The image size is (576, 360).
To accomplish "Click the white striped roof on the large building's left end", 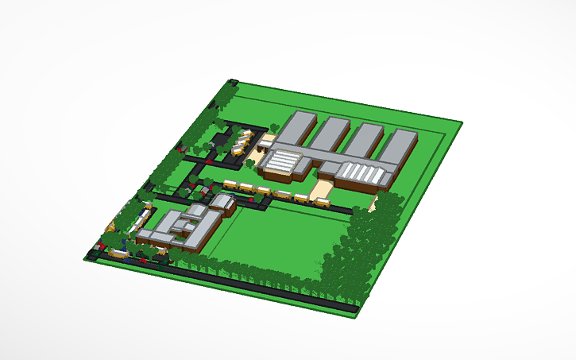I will click(x=282, y=162).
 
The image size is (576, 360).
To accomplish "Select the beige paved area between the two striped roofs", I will click(x=322, y=189).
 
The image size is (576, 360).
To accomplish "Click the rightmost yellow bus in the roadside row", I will click(x=322, y=202).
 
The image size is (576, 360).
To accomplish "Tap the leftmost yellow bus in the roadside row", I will click(x=230, y=185).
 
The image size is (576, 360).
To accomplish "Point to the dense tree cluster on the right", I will click(x=358, y=246).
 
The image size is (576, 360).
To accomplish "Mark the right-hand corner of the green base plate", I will click(x=462, y=122).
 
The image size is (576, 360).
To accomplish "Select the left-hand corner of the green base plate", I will click(x=85, y=257).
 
